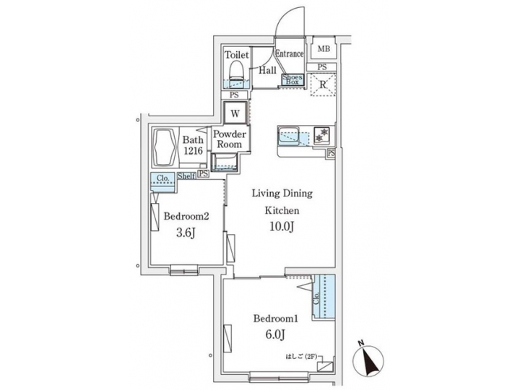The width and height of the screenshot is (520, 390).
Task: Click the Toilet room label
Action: (236, 56)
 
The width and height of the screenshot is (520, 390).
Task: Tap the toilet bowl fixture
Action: (236, 73)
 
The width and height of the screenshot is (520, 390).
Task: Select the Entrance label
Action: (289, 54)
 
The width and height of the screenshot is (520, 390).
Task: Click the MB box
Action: (324, 49)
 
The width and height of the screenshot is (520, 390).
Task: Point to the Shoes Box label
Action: (291, 79)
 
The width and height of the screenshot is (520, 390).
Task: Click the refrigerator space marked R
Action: (324, 85)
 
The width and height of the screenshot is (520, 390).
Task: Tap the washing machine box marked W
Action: (235, 113)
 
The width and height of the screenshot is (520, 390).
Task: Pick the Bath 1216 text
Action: (193, 145)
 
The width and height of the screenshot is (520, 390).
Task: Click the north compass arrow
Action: (369, 357)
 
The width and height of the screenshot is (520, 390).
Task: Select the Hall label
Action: (268, 70)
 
